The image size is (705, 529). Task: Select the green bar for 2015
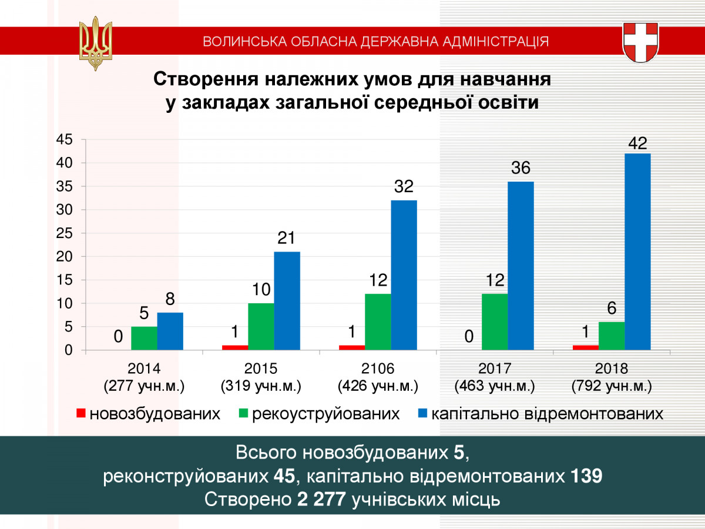coord(261,327)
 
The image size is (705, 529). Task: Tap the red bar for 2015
coord(235,347)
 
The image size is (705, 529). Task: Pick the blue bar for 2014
coord(170,332)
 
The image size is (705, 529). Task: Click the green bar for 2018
coord(612,336)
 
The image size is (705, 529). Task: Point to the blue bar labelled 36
coord(521,266)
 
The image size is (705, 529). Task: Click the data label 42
coord(637,143)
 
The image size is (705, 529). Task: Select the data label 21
coord(287,239)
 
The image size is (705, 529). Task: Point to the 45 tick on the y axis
coord(64,140)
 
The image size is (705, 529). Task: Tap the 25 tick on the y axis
coord(64,233)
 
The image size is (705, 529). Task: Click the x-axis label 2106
coord(378,369)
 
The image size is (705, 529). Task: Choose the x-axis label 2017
coord(495,369)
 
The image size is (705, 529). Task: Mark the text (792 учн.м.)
coord(612,387)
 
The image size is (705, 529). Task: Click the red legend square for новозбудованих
coord(80,414)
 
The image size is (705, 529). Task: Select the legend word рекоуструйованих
coord(326,414)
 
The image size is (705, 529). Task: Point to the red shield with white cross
coord(640,42)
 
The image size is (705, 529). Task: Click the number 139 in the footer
coord(587,476)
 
